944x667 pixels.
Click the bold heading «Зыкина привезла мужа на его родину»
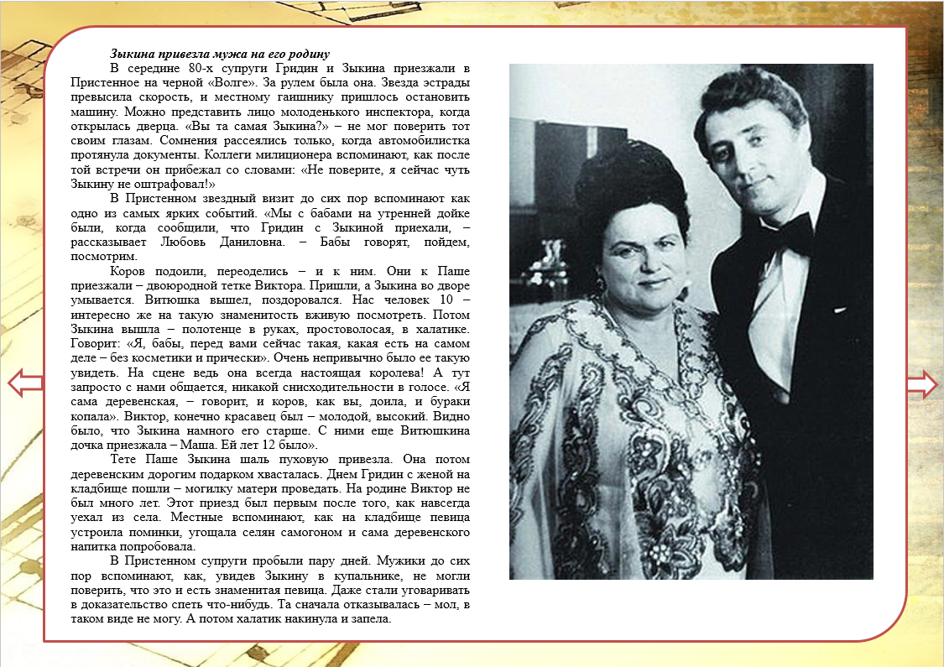click(x=220, y=55)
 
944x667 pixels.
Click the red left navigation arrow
click(x=23, y=383)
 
